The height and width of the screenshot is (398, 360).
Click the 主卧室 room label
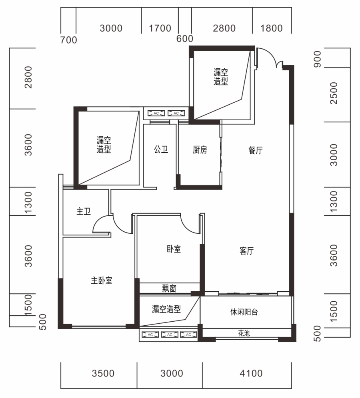pos(102,281)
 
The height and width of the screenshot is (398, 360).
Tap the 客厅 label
pos(246,251)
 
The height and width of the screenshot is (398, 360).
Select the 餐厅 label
pos(255,150)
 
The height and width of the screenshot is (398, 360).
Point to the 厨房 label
pos(200,150)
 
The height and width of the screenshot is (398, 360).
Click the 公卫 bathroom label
pos(161,149)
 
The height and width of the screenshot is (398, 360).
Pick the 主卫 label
pos(84,211)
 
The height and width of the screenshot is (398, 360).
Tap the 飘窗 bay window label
pos(169,289)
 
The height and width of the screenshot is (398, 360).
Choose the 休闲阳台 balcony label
pos(244,312)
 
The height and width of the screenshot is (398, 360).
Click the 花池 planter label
pos(244,333)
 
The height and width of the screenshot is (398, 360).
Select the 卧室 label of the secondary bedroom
pos(174,249)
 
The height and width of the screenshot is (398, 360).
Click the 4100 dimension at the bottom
pos(251,373)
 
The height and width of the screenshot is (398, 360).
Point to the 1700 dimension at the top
pos(160,28)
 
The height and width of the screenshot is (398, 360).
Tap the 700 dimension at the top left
pos(68,40)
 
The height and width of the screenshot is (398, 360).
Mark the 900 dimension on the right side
pos(317,59)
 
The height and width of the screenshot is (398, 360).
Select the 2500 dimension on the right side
pos(333,93)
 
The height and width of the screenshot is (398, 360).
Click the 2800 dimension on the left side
pos(28,77)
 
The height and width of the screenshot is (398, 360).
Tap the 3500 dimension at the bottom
pos(103,373)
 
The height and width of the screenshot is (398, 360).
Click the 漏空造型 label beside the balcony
pos(166,309)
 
